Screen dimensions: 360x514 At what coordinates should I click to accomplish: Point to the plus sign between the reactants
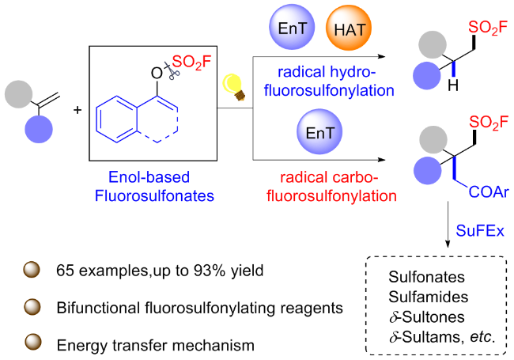point(77,108)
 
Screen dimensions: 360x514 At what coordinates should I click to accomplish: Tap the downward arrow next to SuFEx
point(446,229)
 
